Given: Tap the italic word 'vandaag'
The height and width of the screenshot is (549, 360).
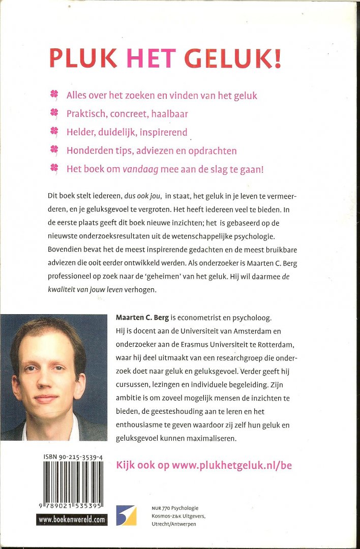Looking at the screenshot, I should (140, 169).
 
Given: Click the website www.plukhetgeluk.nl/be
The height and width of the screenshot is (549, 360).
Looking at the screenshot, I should (204, 465).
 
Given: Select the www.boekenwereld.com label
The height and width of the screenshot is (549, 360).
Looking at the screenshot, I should (72, 520).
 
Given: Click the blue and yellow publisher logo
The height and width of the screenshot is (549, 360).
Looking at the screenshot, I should (126, 515).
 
